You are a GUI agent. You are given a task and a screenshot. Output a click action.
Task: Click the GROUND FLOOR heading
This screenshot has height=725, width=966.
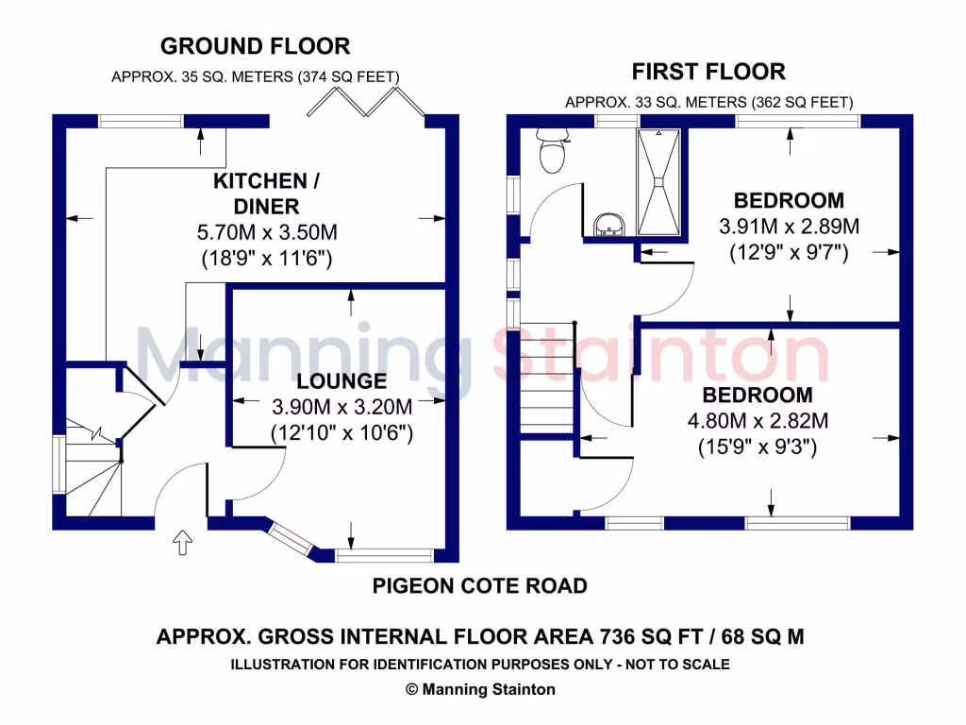pyautogui.click(x=255, y=45)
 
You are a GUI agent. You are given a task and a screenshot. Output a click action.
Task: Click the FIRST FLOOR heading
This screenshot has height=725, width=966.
pyautogui.click(x=708, y=72)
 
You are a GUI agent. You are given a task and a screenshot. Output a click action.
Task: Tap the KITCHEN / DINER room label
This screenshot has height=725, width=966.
pyautogui.click(x=259, y=194)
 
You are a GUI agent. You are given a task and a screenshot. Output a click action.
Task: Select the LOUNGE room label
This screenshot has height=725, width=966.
pyautogui.click(x=341, y=381)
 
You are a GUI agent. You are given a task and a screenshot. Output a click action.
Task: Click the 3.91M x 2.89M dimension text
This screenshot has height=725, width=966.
pyautogui.click(x=789, y=227)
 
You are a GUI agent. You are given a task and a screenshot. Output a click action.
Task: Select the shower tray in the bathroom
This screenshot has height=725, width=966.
pyautogui.click(x=658, y=181)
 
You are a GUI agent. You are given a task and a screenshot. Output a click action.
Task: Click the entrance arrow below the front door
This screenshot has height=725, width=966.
pyautogui.click(x=181, y=543)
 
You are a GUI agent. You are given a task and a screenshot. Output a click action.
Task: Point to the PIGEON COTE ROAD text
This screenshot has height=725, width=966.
pyautogui.click(x=479, y=586)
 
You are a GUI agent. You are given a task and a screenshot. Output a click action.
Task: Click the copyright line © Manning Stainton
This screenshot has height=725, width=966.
pyautogui.click(x=480, y=689)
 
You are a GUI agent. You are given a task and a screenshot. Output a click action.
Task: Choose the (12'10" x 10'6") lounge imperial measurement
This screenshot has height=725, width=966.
pyautogui.click(x=341, y=434)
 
